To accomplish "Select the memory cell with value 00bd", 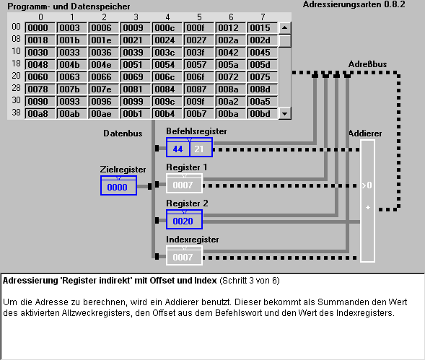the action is click(x=263, y=113).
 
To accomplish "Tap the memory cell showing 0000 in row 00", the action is click(x=40, y=28).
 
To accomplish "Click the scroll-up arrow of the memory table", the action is click(x=284, y=28).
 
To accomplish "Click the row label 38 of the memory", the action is click(x=16, y=113).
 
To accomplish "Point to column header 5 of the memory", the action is click(x=199, y=17).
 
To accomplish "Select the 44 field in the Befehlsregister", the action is click(x=178, y=149).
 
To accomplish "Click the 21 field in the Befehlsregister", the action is click(x=201, y=149).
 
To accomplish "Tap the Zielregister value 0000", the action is click(x=118, y=187).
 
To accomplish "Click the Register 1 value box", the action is click(x=184, y=185).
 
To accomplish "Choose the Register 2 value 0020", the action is click(x=184, y=221).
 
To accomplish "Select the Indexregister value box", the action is click(x=184, y=257).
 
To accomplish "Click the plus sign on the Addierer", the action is click(x=368, y=207).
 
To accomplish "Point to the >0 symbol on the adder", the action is click(x=367, y=185).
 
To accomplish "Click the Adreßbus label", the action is click(x=367, y=64).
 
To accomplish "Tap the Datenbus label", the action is click(x=123, y=133).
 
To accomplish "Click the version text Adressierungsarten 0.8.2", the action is click(x=354, y=4).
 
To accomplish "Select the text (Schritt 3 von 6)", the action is click(x=250, y=281).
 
